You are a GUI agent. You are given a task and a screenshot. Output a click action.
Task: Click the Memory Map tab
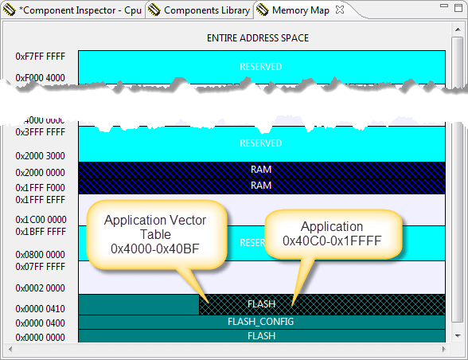coord(299,11)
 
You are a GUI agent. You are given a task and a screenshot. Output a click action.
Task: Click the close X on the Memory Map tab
coord(339,11)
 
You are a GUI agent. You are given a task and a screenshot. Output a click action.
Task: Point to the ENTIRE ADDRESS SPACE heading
coord(257,37)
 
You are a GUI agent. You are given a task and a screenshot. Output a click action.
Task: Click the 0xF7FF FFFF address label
coord(40,57)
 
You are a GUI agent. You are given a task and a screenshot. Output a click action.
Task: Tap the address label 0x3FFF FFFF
coord(40,132)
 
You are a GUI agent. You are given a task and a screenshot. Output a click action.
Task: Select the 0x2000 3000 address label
coord(40,156)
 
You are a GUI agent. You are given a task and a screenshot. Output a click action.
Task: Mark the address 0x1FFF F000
coord(40,187)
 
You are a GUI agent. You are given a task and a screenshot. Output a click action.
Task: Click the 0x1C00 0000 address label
coord(40,219)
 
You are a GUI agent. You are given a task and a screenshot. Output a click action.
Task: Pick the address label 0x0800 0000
coord(40,255)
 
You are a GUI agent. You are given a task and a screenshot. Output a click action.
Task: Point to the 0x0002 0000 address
coord(40,288)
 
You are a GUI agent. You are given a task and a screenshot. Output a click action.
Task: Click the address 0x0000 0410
coord(40,309)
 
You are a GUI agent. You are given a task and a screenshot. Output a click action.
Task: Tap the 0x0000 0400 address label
coord(40,323)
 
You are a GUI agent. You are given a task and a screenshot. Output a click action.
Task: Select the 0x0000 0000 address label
coord(40,337)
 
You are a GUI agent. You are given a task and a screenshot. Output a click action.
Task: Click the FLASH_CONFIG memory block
coord(261,322)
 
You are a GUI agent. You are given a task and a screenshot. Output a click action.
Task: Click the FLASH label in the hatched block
coord(261,304)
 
